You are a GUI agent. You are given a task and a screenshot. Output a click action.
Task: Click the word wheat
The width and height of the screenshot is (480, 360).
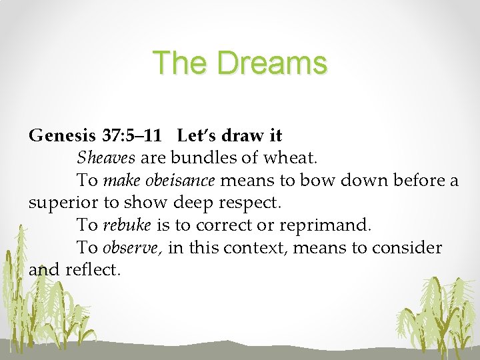tap(294, 159)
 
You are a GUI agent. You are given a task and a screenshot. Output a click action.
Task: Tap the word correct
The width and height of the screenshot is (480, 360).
tap(238, 225)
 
